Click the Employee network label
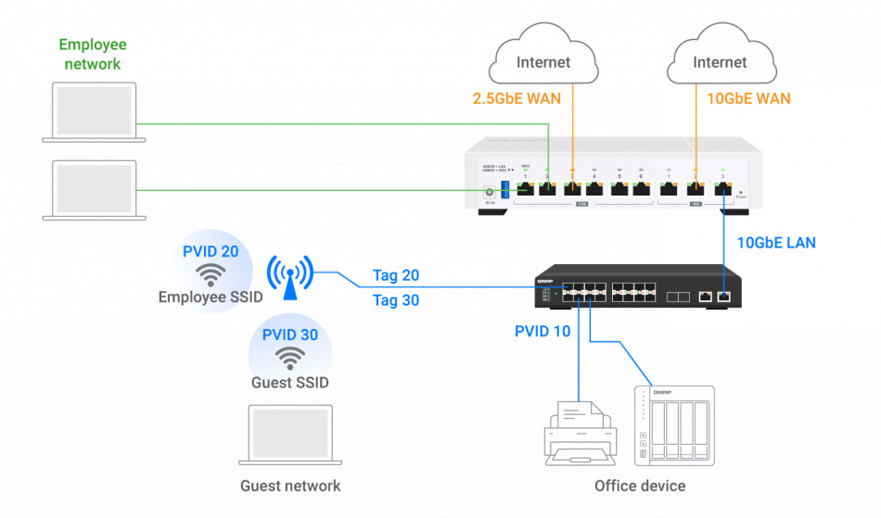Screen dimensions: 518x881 click(93, 54)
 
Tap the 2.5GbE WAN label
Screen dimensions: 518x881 click(515, 98)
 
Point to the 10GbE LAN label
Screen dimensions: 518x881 click(777, 244)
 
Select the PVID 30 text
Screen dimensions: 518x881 click(290, 335)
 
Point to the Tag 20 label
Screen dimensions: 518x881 click(396, 275)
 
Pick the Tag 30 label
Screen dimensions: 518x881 click(396, 299)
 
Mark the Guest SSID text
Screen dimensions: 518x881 click(290, 382)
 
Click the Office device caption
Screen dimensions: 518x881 click(640, 486)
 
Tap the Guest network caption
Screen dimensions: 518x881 click(290, 486)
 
